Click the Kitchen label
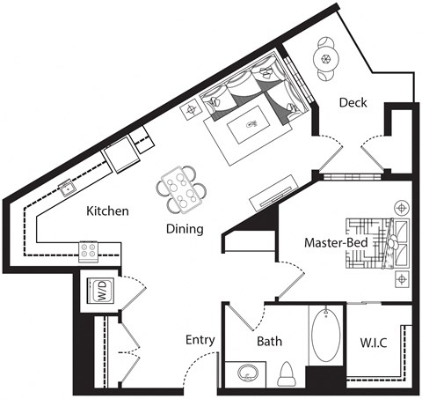tap(108, 211)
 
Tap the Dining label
tap(185, 229)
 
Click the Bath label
tap(269, 342)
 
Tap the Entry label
tap(200, 340)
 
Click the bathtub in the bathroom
tap(325, 338)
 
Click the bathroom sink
tap(245, 373)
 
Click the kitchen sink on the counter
tap(67, 188)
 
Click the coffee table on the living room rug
tap(251, 125)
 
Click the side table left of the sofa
tap(192, 110)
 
